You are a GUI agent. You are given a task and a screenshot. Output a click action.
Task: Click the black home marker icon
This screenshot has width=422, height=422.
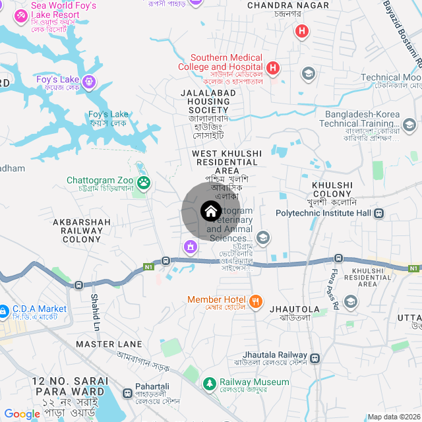(210, 212)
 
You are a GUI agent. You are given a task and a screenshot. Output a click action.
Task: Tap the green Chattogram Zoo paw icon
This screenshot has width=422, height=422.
(144, 181)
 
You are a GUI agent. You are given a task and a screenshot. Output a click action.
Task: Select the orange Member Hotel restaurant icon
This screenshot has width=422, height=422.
(256, 302)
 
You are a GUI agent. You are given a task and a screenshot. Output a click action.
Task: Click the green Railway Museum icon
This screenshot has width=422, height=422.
(209, 383)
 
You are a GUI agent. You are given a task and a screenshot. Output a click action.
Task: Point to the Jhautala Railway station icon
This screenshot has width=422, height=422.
(315, 359)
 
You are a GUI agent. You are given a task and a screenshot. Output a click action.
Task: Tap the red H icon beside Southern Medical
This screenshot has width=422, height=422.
(274, 67)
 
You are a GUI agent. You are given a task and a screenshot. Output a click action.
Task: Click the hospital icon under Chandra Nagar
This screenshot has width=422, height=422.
(302, 31)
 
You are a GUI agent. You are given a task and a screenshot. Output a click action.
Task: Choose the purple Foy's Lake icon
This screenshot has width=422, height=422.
(90, 82)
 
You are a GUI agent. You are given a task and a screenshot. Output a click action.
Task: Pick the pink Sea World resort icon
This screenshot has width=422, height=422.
(20, 15)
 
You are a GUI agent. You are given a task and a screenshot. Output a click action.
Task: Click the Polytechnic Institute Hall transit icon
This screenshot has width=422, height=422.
(379, 214)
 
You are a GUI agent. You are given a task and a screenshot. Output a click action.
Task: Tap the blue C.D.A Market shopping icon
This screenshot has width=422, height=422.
(4, 309)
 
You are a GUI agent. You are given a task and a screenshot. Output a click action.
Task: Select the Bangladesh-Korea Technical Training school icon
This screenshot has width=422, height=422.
(409, 125)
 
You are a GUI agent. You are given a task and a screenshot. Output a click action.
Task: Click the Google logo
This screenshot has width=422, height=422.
(22, 413)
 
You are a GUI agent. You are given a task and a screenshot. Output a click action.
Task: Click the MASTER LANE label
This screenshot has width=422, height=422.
(109, 344)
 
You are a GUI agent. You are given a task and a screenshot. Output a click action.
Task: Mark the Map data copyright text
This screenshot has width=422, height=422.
(394, 416)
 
